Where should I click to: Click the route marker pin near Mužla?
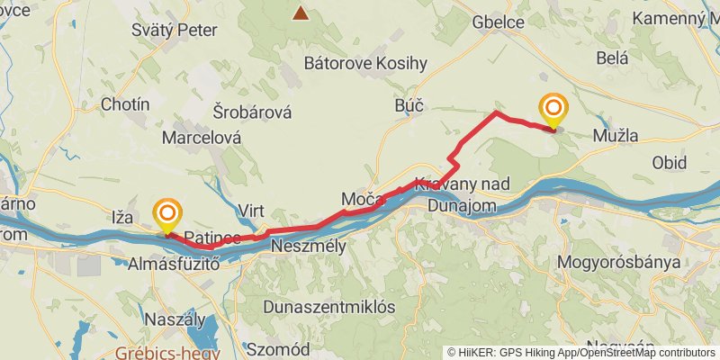click(553, 111)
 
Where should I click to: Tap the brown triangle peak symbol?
click(300, 13)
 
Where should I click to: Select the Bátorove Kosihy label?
click(365, 64)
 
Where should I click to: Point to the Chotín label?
click(125, 104)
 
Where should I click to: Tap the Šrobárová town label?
click(253, 112)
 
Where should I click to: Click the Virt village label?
click(250, 211)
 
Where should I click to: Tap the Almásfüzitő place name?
click(169, 265)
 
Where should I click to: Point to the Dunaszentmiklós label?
click(329, 307)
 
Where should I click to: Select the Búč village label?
click(409, 104)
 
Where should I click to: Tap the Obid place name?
click(669, 163)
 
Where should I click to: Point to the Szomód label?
click(278, 349)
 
